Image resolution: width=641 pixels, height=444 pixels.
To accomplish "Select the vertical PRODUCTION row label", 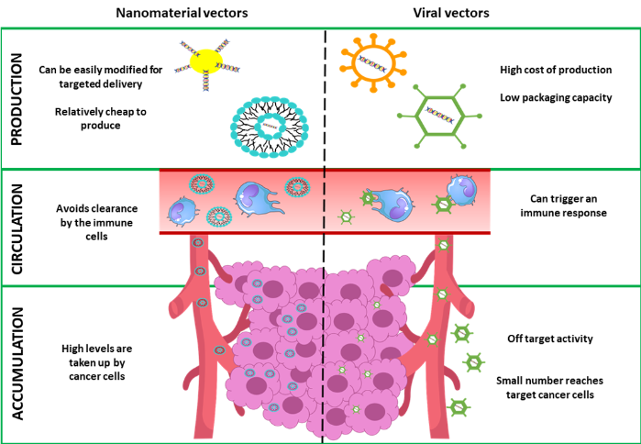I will [17, 98].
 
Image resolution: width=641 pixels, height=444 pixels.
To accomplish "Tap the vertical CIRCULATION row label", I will [17, 226].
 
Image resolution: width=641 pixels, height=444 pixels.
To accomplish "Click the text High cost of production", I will [555, 70].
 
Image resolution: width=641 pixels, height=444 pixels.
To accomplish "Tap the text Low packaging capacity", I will [555, 97].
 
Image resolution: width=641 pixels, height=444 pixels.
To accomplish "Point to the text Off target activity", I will [550, 339].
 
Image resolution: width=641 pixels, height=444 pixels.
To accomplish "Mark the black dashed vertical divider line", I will [324, 275].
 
